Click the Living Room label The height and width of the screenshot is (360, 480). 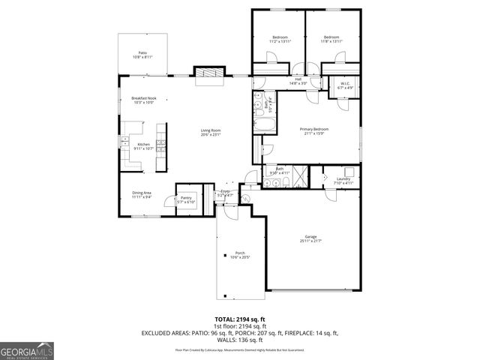pyautogui.click(x=210, y=132)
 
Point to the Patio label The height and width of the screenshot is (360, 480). pyautogui.click(x=142, y=54)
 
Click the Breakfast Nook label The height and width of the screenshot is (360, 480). pyautogui.click(x=142, y=100)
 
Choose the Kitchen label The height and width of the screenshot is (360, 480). pyautogui.click(x=142, y=145)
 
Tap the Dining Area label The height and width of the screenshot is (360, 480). pyautogui.click(x=142, y=195)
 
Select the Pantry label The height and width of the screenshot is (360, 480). pyautogui.click(x=186, y=200)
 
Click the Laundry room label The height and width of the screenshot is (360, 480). pyautogui.click(x=343, y=181)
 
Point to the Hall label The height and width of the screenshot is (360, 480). pyautogui.click(x=298, y=80)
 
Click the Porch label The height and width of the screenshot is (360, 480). pyautogui.click(x=240, y=254)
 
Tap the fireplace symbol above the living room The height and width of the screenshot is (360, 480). pyautogui.click(x=209, y=73)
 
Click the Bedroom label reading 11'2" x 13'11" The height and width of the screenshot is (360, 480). pyautogui.click(x=280, y=39)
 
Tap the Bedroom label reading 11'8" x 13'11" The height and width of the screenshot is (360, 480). pyautogui.click(x=332, y=39)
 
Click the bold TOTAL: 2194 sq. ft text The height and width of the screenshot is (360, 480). pyautogui.click(x=240, y=319)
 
